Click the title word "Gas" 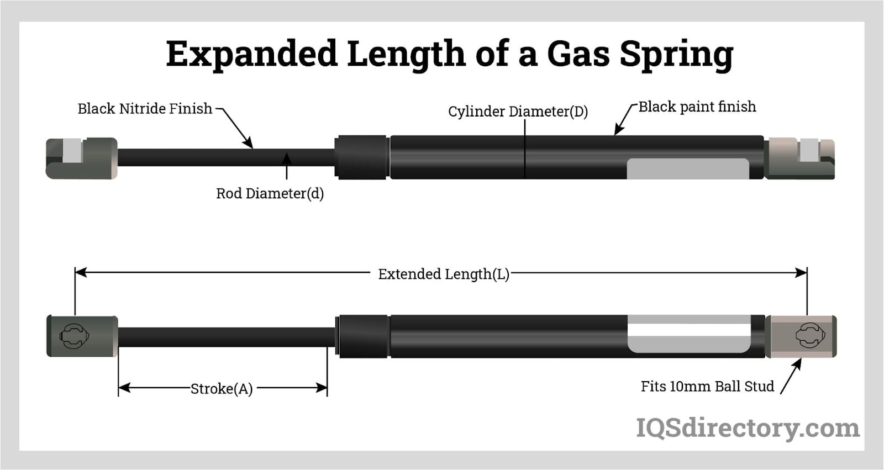(x=578, y=54)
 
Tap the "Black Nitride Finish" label (x=145, y=109)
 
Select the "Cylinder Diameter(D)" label (x=518, y=112)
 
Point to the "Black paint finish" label (x=697, y=107)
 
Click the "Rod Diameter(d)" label (x=270, y=193)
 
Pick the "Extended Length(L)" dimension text (x=443, y=274)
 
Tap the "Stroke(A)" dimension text (x=222, y=389)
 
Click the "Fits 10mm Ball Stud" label (x=707, y=386)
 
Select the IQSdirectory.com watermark (x=748, y=428)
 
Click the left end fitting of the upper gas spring (x=81, y=158)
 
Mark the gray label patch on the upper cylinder (x=687, y=168)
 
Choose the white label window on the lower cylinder (x=688, y=334)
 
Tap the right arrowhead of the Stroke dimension (x=322, y=388)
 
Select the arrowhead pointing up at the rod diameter (x=286, y=159)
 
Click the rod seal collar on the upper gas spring (x=361, y=157)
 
